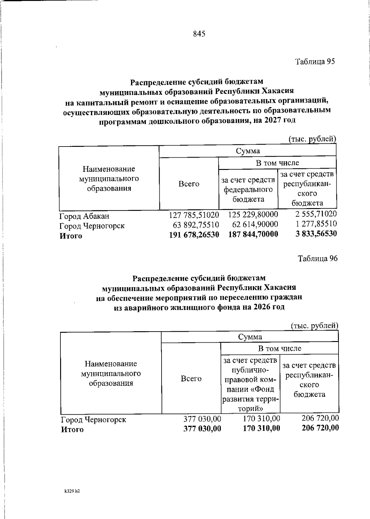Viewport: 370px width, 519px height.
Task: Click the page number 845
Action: click(199, 34)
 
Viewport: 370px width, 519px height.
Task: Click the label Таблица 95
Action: click(315, 62)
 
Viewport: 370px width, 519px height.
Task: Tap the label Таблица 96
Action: click(318, 259)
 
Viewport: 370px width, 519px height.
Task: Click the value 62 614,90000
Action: click(255, 224)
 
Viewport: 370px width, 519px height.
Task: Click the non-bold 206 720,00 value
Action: click(320, 418)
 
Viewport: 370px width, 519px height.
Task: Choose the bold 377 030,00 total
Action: click(202, 428)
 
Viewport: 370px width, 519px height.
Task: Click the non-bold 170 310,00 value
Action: click(261, 418)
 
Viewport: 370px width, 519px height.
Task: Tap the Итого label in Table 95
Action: click(71, 236)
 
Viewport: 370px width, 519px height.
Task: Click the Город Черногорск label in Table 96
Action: click(93, 420)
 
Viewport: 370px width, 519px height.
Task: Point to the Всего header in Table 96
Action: click(191, 379)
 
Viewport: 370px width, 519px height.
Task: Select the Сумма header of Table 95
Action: click(248, 151)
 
